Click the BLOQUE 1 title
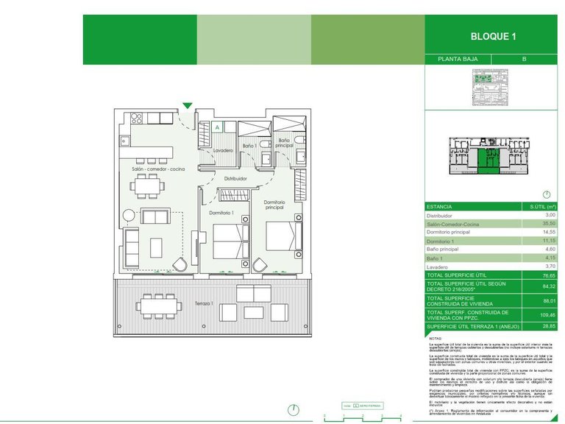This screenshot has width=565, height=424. [x=494, y=36]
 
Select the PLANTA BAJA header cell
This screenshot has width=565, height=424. [x=457, y=60]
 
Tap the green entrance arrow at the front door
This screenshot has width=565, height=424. [x=188, y=106]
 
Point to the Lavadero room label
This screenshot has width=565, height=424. [x=223, y=150]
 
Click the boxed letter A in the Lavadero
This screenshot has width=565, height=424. [x=218, y=127]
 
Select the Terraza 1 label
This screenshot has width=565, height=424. [x=204, y=303]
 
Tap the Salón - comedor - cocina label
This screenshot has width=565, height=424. [x=159, y=169]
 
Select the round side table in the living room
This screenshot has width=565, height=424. [x=129, y=216]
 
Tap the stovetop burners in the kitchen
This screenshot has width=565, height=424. [x=135, y=118]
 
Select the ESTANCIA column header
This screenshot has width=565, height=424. [x=440, y=207]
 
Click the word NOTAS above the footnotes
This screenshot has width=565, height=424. [x=436, y=339]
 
